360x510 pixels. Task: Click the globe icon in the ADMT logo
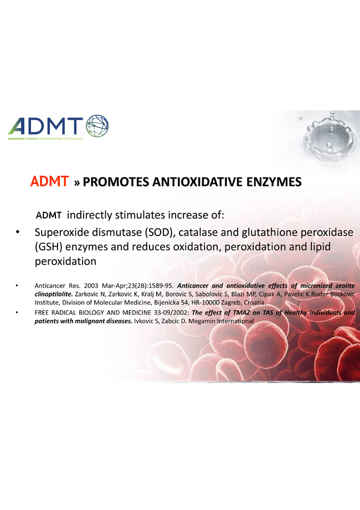tap(97, 126)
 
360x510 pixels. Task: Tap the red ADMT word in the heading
tap(49, 181)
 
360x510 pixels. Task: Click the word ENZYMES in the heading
tap(274, 182)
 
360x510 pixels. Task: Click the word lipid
tap(320, 247)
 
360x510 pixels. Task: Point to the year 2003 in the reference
tap(91, 286)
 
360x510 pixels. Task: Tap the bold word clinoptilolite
tap(54, 294)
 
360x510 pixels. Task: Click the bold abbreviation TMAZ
tap(241, 313)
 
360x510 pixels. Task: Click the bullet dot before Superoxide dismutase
tap(18, 232)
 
